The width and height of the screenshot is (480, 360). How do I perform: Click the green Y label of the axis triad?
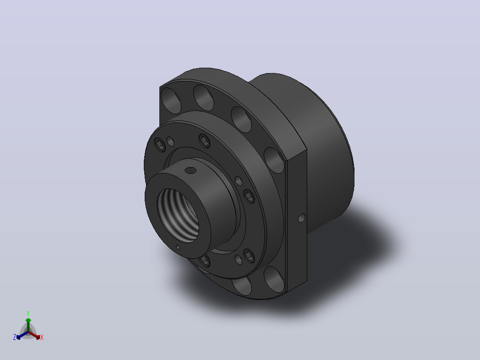pyautogui.click(x=28, y=313)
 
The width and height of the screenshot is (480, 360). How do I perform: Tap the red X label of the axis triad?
pyautogui.click(x=42, y=337)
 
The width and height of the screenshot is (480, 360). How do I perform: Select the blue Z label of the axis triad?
pyautogui.click(x=14, y=337)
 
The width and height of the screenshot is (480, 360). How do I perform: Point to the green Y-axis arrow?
pyautogui.click(x=28, y=325)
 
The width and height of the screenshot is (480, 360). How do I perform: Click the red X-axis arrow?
pyautogui.click(x=35, y=335)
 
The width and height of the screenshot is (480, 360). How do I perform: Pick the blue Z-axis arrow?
pyautogui.click(x=22, y=335)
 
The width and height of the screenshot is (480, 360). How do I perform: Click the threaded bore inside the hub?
pyautogui.click(x=178, y=216)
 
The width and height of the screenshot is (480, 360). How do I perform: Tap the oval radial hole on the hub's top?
pyautogui.click(x=191, y=170)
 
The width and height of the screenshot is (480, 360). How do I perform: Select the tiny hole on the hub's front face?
pyautogui.click(x=178, y=247)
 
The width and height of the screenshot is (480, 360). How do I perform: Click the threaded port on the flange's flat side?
pyautogui.click(x=301, y=218)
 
